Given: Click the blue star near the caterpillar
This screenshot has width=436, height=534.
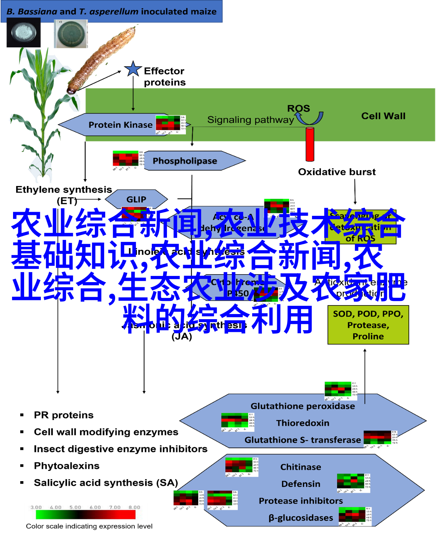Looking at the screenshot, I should [133, 69].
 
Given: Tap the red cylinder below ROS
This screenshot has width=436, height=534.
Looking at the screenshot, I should [310, 144].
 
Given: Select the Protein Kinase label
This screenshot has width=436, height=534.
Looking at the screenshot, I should [120, 125].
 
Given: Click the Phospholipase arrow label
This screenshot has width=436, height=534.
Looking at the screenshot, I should [185, 161].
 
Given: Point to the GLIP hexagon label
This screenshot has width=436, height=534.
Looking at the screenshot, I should [136, 199].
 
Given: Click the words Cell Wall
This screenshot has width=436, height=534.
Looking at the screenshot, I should [383, 116].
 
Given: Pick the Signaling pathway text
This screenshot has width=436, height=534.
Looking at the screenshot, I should [250, 120].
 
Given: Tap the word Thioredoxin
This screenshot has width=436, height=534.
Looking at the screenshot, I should [303, 423].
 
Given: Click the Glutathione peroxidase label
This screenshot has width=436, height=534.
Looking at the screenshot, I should [303, 406].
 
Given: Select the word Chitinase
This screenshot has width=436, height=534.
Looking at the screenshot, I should [301, 467].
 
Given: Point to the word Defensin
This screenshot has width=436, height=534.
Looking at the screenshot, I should [301, 484].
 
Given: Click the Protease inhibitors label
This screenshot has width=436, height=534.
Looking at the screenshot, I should [301, 501].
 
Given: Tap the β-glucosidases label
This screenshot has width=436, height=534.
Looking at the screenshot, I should [301, 518].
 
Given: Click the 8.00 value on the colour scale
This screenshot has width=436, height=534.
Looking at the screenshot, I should [134, 507].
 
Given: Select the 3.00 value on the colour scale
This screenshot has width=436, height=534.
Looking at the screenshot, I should [36, 507].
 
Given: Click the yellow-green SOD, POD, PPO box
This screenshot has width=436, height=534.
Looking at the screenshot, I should [368, 325].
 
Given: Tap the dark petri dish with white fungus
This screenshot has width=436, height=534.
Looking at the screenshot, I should [24, 33].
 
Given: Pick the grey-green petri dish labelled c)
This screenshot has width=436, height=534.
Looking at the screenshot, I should [71, 34].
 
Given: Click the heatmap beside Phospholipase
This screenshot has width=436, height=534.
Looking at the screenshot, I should [128, 160].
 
